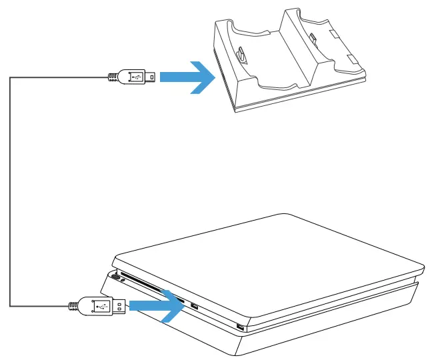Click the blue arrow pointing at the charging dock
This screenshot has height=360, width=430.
(x=188, y=77)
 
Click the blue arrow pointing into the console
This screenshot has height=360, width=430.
(x=157, y=305)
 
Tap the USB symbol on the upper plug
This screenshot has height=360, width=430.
(x=136, y=77)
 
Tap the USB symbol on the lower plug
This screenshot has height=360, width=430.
(x=101, y=306)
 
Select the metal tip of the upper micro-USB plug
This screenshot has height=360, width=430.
(x=152, y=77)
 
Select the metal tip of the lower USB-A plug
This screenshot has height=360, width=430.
(x=120, y=306)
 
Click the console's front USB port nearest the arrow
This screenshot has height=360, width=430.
(x=194, y=306)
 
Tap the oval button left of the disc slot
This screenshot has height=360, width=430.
(x=116, y=275)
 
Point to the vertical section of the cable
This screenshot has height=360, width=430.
(x=10, y=193)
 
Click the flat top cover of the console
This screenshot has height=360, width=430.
(x=267, y=253)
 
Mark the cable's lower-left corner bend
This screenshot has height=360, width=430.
(x=10, y=307)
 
